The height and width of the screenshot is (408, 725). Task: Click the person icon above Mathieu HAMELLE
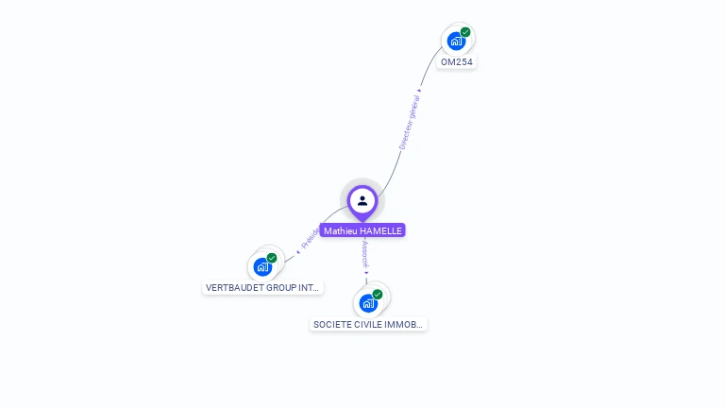point(362,200)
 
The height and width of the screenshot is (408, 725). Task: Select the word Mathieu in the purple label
point(340,230)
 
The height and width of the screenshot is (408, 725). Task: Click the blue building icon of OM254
point(456,42)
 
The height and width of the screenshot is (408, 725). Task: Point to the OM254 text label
point(457,62)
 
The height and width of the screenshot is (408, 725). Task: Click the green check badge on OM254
point(465,32)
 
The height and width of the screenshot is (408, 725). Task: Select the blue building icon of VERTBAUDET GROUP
point(262,267)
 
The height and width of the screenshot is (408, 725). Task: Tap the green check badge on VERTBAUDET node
point(272,258)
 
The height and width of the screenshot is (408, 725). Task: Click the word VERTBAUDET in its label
point(232,287)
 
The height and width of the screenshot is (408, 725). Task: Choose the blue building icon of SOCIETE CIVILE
point(368,304)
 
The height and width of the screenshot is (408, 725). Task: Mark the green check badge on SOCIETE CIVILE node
point(378,295)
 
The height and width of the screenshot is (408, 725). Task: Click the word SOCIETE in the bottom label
point(332,324)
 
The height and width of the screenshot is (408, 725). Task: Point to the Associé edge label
point(364,252)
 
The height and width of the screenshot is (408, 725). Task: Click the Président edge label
point(311,237)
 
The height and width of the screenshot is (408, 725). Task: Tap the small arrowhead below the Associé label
point(366,273)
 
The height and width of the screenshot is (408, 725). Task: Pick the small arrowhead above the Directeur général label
point(419,92)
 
